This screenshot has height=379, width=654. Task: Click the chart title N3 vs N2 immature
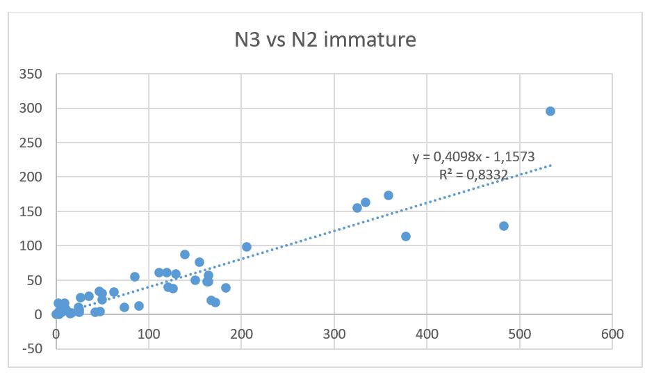[x=325, y=39]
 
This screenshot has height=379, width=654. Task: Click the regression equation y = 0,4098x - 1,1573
[x=473, y=157]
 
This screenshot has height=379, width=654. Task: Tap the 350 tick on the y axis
[x=33, y=74]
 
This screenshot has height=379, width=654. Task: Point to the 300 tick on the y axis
[x=33, y=108]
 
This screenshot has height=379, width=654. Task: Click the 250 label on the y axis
[x=33, y=143]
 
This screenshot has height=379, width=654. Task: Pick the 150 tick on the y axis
[x=33, y=211]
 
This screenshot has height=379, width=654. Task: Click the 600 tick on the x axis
[x=612, y=333]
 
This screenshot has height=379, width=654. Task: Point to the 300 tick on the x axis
[x=334, y=333]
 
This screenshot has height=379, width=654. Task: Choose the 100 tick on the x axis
[x=149, y=333]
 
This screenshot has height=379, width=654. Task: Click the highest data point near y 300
[x=550, y=111]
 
